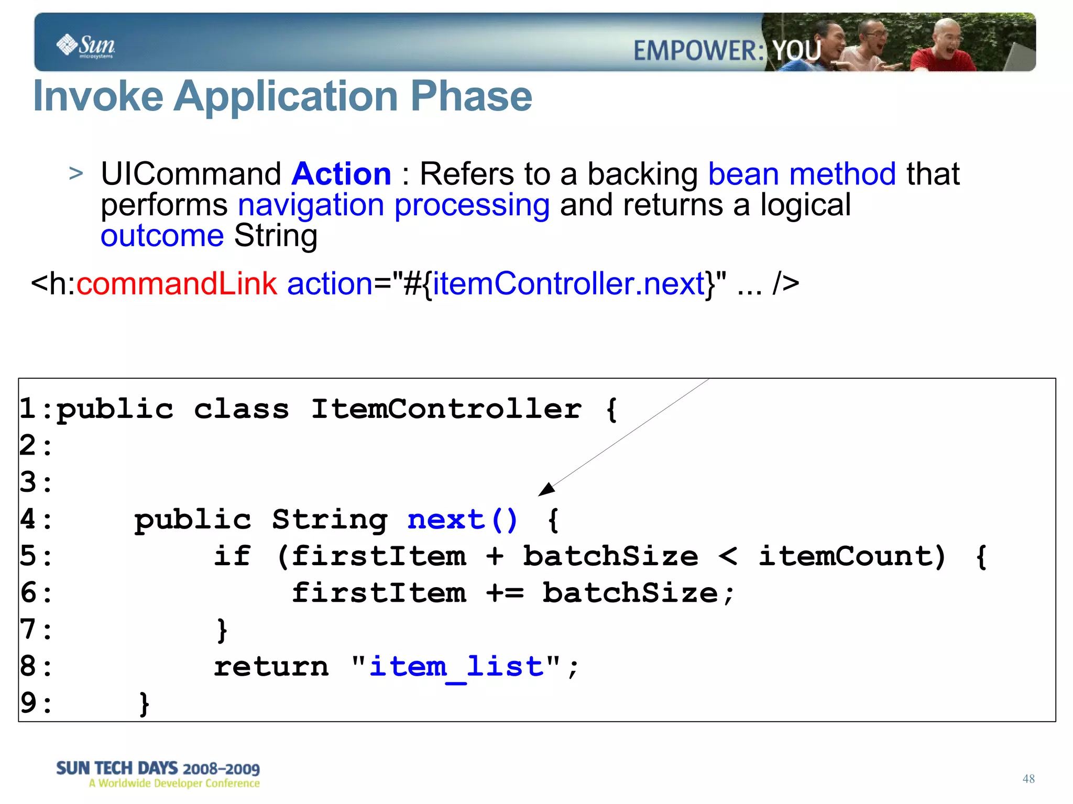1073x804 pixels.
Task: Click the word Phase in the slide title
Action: pos(471,96)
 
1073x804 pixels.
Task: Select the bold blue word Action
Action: pos(342,174)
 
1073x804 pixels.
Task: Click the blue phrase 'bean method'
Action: pos(802,174)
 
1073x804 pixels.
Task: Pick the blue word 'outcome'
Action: pos(162,236)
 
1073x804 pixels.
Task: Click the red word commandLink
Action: pos(177,284)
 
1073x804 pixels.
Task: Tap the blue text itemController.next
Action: pos(568,284)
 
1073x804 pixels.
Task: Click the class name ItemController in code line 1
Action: pos(446,409)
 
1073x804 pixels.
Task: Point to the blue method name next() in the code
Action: pos(463,520)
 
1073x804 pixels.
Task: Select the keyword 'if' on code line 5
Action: pos(233,556)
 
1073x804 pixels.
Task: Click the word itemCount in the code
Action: pos(852,556)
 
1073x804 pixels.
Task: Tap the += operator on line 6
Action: pos(505,593)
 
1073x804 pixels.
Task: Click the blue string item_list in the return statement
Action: pos(456,667)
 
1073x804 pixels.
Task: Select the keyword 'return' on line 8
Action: pos(271,667)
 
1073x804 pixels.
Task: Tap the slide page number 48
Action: pos(1028,779)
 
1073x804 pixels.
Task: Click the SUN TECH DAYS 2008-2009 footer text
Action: pos(158,768)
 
